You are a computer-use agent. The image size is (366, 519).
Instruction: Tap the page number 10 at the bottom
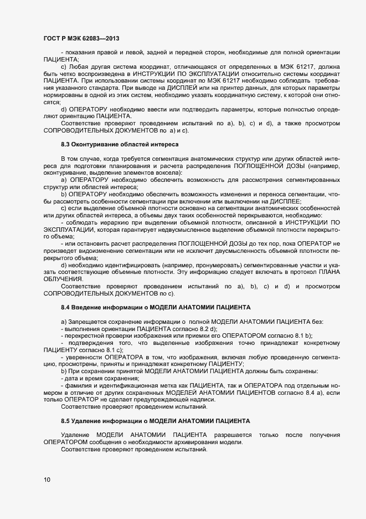coord(47,480)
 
